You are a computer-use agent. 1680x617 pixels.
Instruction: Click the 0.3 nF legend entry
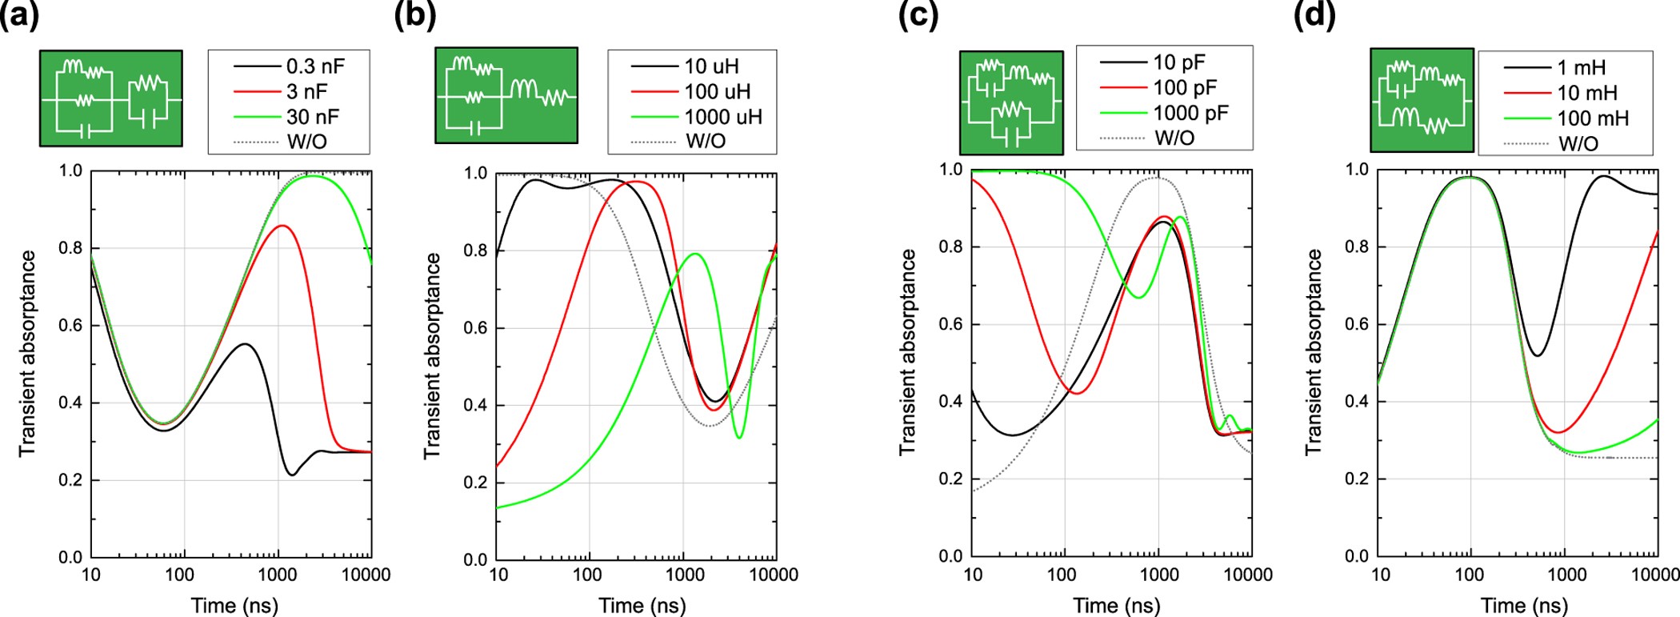coord(315,66)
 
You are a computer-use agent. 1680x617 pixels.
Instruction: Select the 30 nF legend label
coord(313,117)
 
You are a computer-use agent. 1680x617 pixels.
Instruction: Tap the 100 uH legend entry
coord(717,92)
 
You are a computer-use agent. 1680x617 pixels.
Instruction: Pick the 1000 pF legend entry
coord(1190,113)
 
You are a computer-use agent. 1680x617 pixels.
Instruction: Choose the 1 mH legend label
coord(1581,68)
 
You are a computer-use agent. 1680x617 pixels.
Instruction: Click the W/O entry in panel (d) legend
coord(1578,144)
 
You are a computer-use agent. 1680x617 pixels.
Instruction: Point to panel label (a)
coord(19,16)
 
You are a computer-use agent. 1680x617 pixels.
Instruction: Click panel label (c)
coord(918,16)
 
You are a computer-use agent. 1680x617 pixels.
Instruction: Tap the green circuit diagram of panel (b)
coord(506,95)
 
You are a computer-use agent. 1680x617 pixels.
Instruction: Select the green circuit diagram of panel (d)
coord(1422,100)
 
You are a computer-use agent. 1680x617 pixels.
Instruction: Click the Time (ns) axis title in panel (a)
coord(234,605)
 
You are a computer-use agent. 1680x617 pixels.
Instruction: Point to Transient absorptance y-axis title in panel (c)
coord(907,352)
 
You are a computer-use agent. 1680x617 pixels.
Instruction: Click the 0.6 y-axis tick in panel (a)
coord(71,326)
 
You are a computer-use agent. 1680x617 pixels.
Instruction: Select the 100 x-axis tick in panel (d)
coord(1469,575)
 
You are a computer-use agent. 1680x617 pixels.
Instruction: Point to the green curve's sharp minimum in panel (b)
coord(739,437)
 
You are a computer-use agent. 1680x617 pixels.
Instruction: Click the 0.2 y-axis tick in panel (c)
coord(950,479)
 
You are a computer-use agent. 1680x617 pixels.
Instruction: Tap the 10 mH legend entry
coord(1586,94)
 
